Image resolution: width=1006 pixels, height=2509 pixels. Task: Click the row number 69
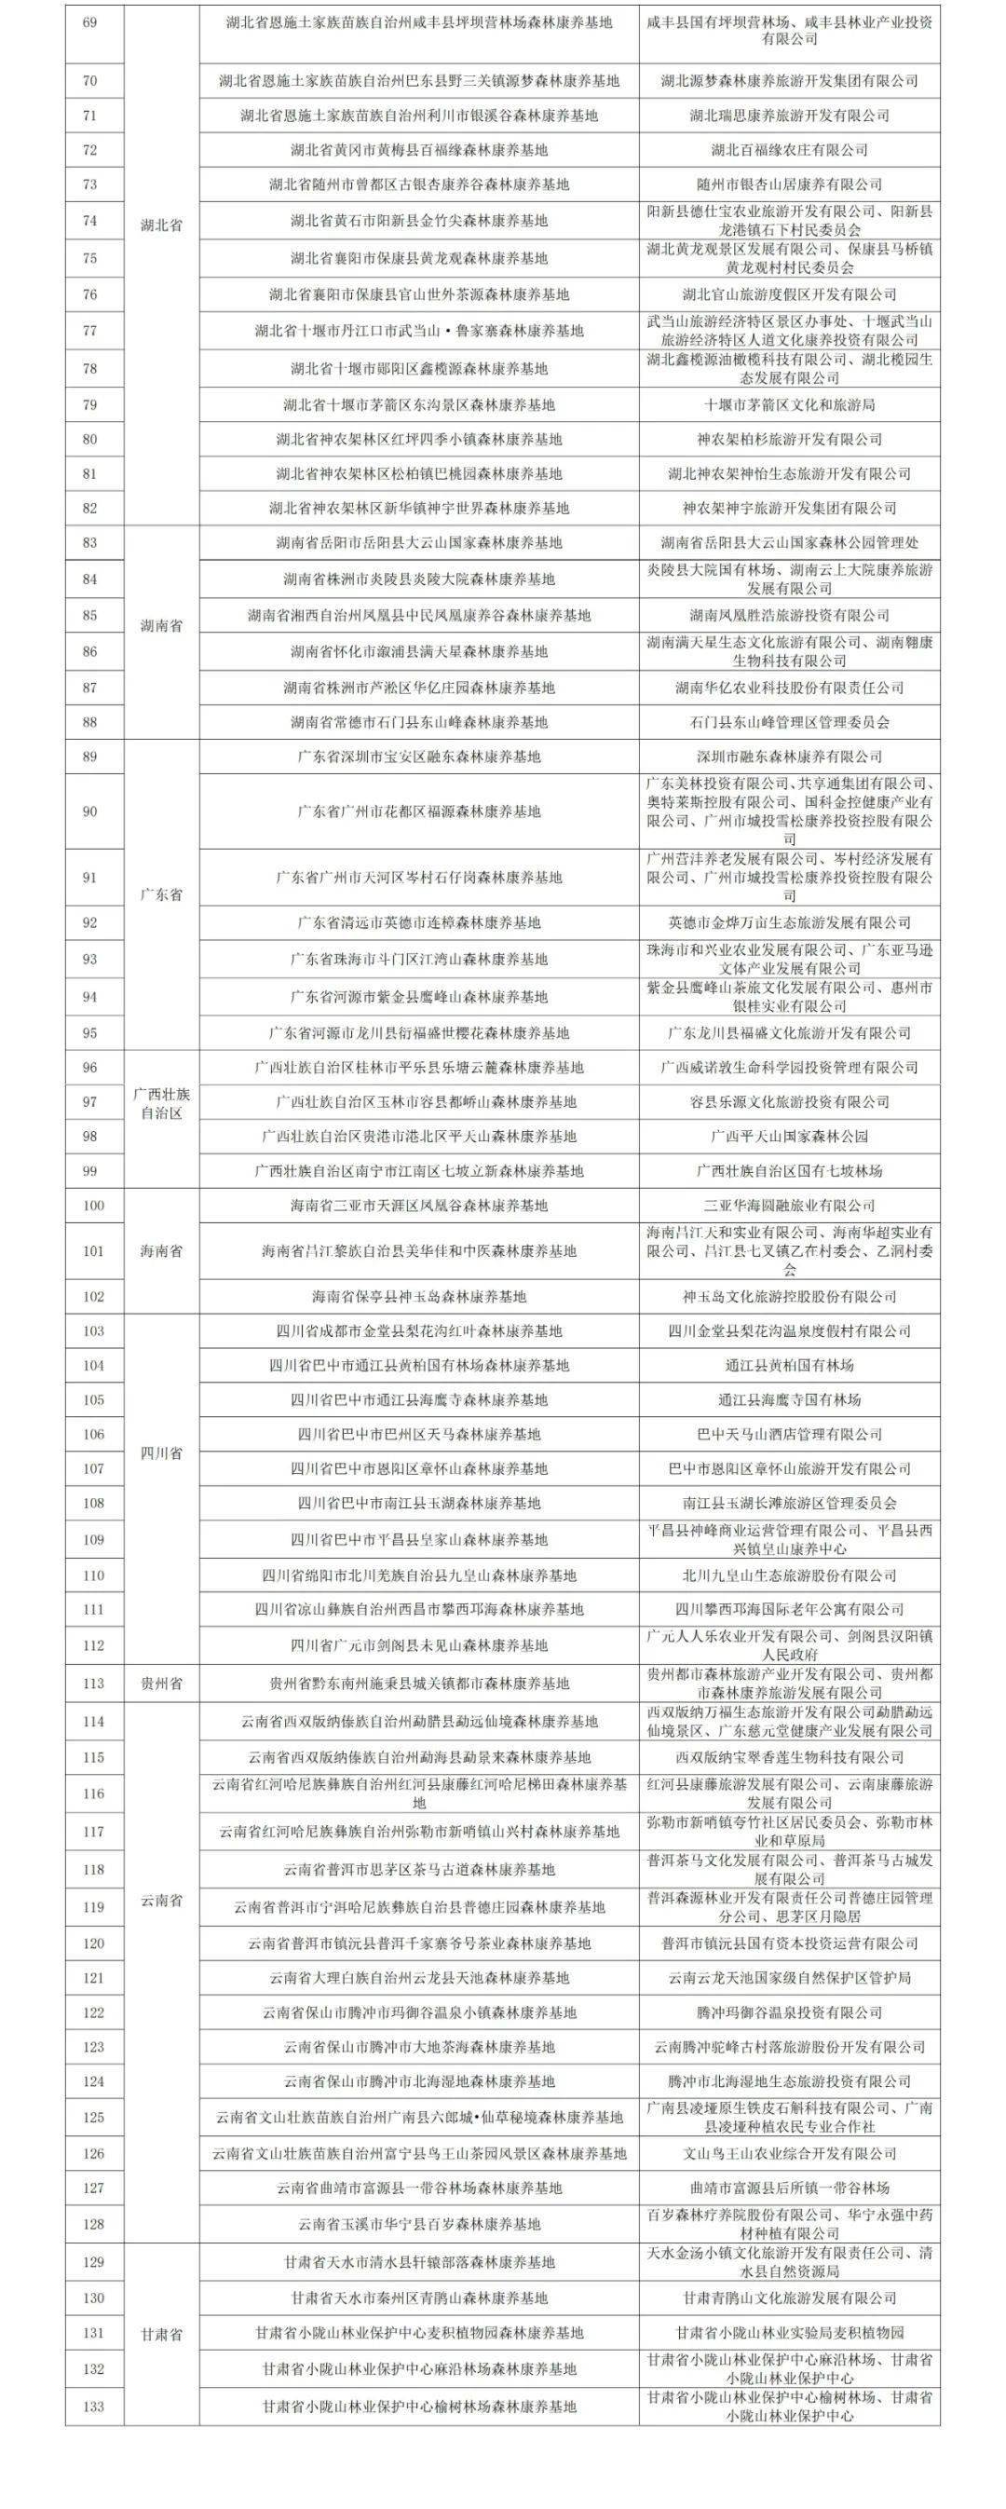coord(90,22)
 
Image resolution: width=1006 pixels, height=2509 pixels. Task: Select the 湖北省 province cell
coord(162,225)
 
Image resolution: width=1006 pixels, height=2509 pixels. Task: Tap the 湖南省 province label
coord(162,626)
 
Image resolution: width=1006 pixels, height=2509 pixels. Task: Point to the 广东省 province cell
coord(162,894)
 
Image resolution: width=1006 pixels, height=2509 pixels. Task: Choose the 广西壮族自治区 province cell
coord(162,1103)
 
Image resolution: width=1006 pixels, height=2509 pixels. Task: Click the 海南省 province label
coord(162,1250)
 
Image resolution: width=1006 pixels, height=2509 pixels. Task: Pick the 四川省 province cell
coord(162,1453)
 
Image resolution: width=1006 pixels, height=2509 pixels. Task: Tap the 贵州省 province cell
coord(162,1683)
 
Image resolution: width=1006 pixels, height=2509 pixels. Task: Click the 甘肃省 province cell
coord(162,2335)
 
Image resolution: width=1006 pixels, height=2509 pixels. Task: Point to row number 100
coord(92,1206)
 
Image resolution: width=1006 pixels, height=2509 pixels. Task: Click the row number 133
coord(92,2407)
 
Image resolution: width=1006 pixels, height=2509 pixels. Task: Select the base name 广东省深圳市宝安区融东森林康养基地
coord(419,757)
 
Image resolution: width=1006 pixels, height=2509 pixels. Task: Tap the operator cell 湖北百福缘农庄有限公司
coord(789,150)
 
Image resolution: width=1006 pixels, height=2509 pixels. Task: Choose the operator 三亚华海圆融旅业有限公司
coord(789,1206)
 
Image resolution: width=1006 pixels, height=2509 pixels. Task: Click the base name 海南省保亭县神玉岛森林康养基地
coord(419,1296)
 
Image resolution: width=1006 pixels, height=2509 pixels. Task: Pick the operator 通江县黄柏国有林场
coord(789,1366)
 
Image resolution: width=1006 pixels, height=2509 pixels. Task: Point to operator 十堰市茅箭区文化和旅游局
coord(789,405)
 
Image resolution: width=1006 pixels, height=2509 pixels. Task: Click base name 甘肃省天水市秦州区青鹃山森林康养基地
coord(419,2298)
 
